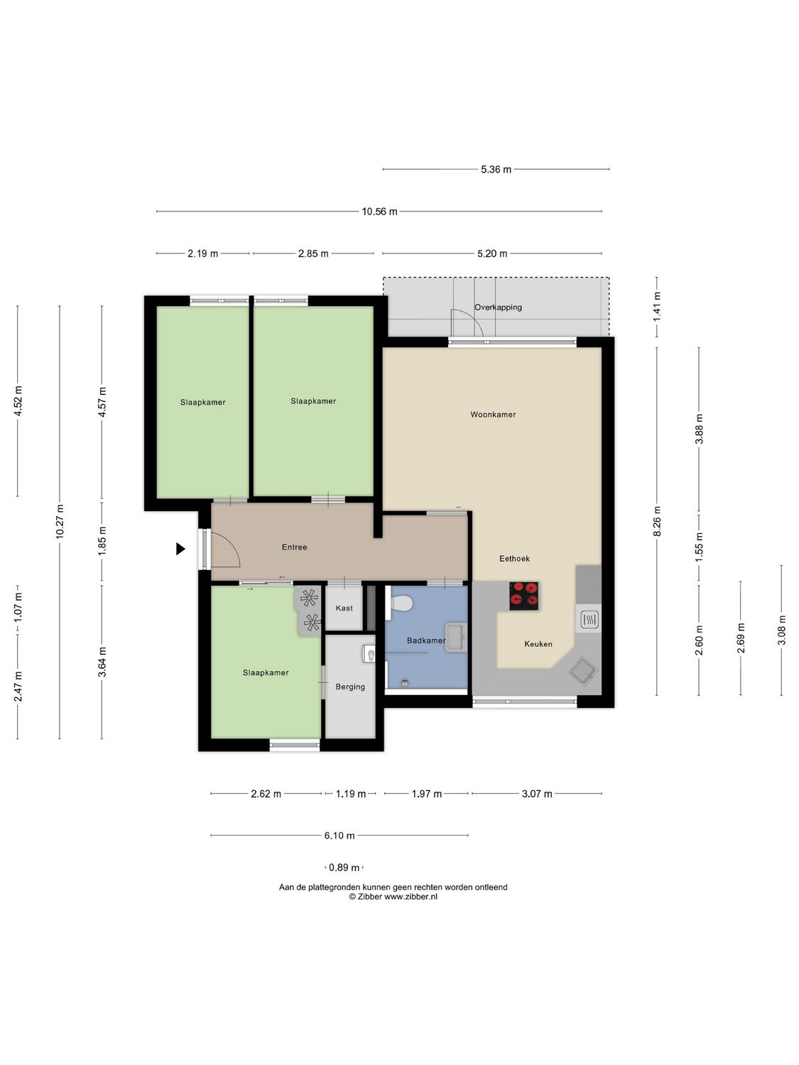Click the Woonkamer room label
click(x=493, y=415)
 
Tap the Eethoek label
click(x=514, y=559)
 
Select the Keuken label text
click(x=538, y=644)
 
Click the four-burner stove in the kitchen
click(x=524, y=596)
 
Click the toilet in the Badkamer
click(x=401, y=603)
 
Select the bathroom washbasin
click(x=455, y=636)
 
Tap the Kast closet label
click(x=344, y=608)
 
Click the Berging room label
click(x=350, y=687)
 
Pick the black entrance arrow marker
click(x=180, y=549)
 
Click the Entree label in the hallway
click(x=295, y=547)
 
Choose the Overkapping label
click(x=498, y=307)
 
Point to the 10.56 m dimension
click(x=379, y=212)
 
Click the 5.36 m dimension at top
click(x=496, y=170)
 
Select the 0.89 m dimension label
click(x=344, y=868)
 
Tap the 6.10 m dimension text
click(x=339, y=836)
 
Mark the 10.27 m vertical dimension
click(x=60, y=522)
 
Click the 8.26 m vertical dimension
click(x=657, y=521)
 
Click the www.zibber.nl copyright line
click(x=393, y=897)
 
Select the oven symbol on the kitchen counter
click(x=589, y=620)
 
